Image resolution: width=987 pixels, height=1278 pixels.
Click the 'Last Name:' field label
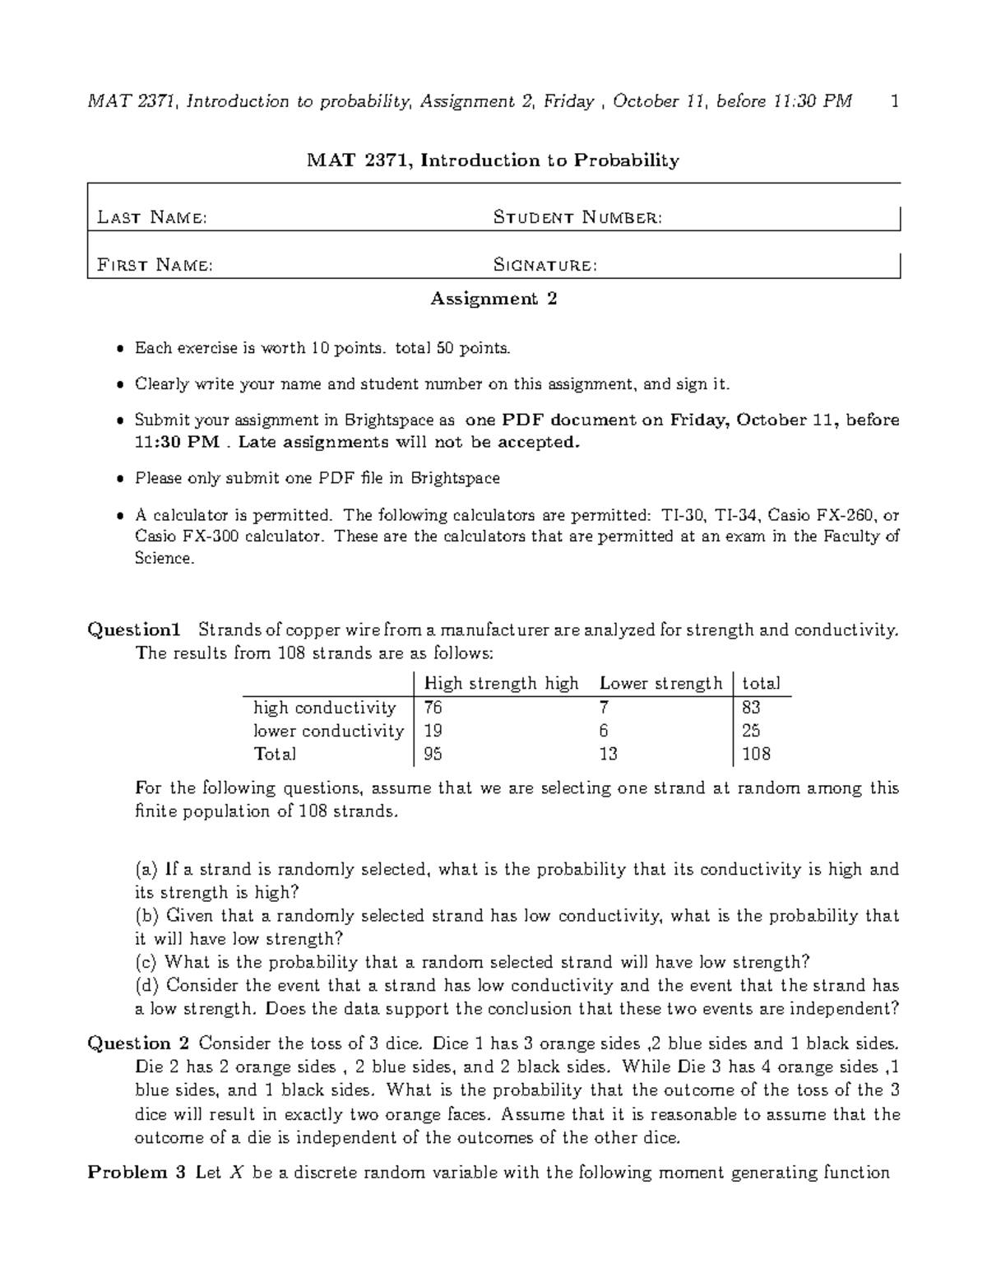tap(151, 217)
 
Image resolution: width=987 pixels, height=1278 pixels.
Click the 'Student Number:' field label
tap(577, 217)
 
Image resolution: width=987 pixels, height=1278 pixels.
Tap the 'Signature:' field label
tap(544, 265)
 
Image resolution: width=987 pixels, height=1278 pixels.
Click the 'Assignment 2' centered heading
tap(493, 299)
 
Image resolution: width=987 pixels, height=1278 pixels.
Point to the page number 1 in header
tap(895, 101)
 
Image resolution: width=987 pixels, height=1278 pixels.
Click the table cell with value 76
tap(433, 708)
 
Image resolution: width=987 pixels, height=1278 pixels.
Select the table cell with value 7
tap(605, 708)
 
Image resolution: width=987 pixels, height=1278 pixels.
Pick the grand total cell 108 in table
tap(756, 754)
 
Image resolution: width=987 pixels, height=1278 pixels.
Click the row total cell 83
tap(750, 708)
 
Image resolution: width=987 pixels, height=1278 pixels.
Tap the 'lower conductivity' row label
tap(328, 731)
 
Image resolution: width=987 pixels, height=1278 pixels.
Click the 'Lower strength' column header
tap(660, 683)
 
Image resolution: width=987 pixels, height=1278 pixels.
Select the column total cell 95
tap(433, 754)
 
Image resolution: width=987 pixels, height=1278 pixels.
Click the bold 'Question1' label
tap(133, 630)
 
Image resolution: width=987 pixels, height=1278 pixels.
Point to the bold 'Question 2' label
tap(138, 1043)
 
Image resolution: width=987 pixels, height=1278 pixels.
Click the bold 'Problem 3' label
tap(137, 1173)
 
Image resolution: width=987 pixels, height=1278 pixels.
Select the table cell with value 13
tap(608, 754)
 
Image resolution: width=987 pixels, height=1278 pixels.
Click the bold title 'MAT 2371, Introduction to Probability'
tap(493, 160)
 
